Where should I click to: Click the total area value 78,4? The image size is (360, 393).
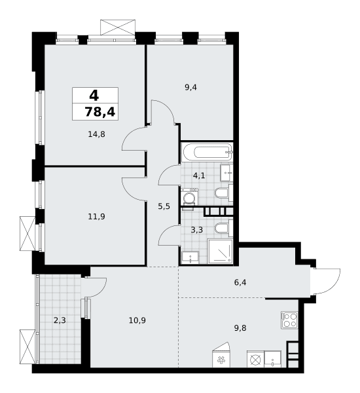(x=100, y=112)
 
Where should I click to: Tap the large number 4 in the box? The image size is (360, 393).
(x=94, y=96)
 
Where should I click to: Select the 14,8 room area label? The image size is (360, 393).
(x=96, y=134)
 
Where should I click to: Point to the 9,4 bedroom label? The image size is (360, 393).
(x=190, y=88)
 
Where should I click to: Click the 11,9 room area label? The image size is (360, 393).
(x=96, y=216)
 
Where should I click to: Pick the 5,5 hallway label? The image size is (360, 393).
(x=164, y=206)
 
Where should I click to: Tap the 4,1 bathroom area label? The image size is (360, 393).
(x=199, y=176)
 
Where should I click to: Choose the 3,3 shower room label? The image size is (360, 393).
(x=197, y=230)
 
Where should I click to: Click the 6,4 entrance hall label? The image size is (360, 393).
(x=240, y=282)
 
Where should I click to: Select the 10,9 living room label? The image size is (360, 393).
(x=137, y=320)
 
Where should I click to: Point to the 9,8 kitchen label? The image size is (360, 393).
(x=240, y=328)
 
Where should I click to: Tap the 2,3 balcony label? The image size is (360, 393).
(x=60, y=320)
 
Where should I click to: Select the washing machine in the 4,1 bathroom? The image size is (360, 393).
(x=189, y=196)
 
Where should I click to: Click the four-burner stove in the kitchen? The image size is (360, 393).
(x=289, y=320)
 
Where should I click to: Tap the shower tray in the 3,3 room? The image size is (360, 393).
(x=220, y=252)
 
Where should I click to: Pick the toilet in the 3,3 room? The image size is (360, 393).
(x=224, y=228)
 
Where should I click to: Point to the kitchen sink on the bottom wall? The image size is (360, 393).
(x=272, y=359)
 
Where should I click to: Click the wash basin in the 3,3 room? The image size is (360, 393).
(x=190, y=257)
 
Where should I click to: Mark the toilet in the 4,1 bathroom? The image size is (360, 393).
(x=224, y=193)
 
